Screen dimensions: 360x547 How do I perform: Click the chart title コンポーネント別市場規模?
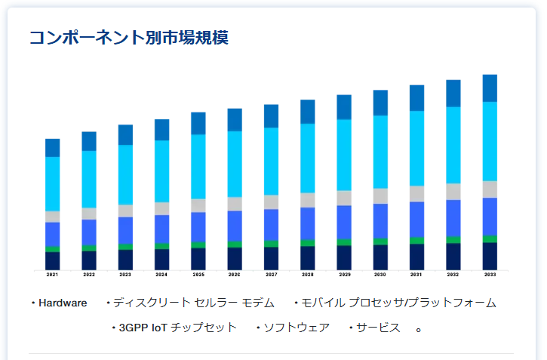(128, 38)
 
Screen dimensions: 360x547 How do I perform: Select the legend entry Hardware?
(63, 303)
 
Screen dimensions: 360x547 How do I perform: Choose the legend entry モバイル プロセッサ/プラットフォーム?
(398, 303)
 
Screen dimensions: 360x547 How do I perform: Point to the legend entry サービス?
(378, 328)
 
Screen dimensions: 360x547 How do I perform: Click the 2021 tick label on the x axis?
(52, 275)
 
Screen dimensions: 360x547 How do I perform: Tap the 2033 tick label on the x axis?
(490, 275)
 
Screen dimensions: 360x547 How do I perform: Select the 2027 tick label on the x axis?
(271, 275)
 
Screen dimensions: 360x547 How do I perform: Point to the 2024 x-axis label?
(161, 275)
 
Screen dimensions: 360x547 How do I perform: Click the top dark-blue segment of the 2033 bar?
(490, 88)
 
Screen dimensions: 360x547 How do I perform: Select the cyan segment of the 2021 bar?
(52, 183)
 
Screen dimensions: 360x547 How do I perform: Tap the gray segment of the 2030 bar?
(380, 195)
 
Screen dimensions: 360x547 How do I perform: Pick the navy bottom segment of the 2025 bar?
(198, 259)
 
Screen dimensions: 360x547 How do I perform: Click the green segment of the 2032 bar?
(453, 240)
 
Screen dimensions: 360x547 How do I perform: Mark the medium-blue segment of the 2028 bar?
(307, 223)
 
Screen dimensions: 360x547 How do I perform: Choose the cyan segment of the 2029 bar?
(344, 155)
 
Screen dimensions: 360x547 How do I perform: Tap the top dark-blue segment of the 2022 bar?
(89, 141)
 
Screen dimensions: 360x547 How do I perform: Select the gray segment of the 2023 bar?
(125, 211)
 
